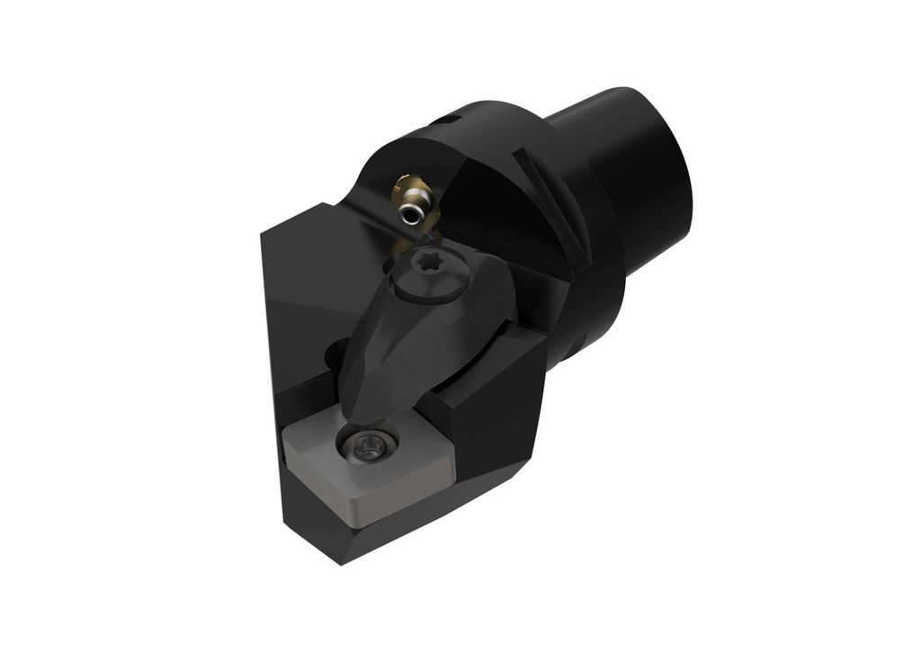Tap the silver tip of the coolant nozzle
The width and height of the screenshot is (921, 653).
tap(412, 213)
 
